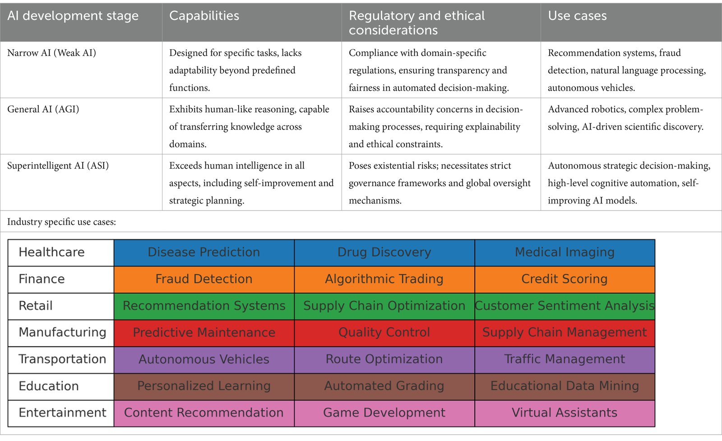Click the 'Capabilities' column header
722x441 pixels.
(204, 16)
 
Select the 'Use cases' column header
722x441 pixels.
(577, 16)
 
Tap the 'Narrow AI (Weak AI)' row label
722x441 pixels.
(51, 53)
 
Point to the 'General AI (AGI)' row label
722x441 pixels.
(43, 110)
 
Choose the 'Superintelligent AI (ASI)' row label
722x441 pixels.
(58, 166)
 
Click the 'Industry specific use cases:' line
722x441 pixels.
(61, 222)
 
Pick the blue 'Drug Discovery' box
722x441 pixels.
(384, 253)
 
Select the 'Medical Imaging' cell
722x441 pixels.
(565, 253)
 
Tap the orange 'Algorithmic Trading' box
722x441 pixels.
(384, 279)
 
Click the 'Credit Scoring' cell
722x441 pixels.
(565, 279)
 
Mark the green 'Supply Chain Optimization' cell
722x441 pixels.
(384, 306)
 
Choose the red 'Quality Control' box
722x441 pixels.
(384, 333)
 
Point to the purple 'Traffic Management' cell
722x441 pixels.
(565, 359)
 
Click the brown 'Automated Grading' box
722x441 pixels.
(384, 386)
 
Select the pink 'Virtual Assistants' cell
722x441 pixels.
(565, 413)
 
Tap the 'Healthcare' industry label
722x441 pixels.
(51, 253)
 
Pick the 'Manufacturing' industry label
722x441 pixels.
(62, 333)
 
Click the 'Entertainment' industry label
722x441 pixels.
(62, 413)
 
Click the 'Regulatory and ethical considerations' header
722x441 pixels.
(417, 23)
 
